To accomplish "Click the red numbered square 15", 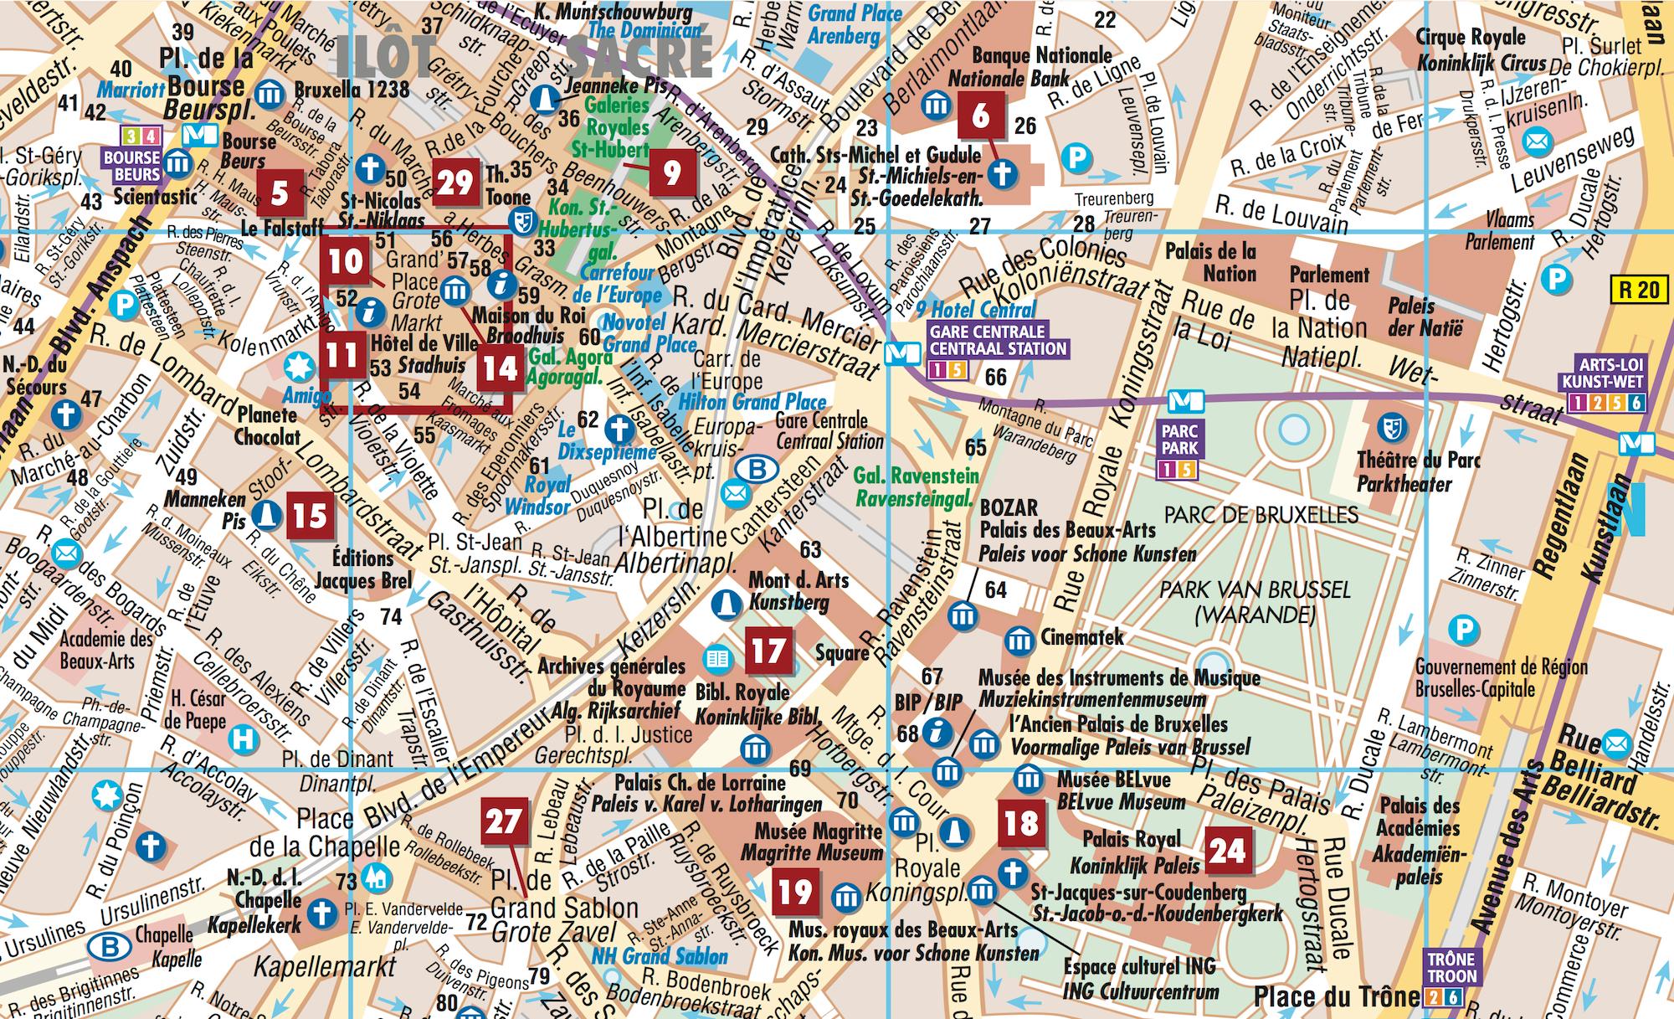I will coord(310,516).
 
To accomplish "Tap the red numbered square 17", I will coord(768,651).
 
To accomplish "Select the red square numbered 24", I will coord(1227,851).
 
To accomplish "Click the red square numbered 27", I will coord(504,821).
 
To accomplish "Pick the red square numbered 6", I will coord(980,116).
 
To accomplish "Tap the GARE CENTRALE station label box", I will coord(998,340).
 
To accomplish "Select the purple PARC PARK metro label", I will coord(1179,440).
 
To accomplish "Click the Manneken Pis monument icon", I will coord(265,513).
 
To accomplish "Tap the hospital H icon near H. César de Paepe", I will coord(244,739).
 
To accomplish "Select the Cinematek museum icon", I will coord(1019,641).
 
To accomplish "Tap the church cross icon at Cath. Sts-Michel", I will coord(1002,174).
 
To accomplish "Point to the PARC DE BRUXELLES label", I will coord(1261,514).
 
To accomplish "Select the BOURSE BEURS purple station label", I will coord(132,166).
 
